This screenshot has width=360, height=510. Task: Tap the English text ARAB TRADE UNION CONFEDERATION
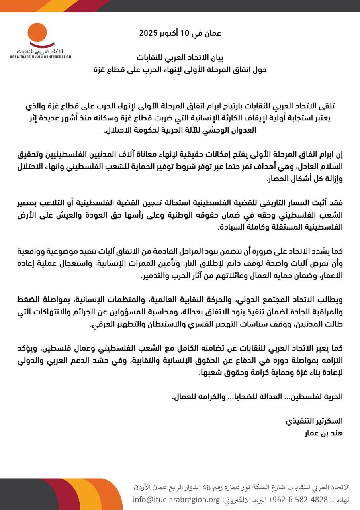tap(41, 57)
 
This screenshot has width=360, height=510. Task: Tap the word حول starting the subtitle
tap(259, 69)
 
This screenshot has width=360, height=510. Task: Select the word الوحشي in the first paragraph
tap(216, 130)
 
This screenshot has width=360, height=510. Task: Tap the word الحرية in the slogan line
tap(333, 397)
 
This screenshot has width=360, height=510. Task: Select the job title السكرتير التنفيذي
tap(314, 421)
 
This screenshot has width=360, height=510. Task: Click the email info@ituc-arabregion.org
tap(176, 500)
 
